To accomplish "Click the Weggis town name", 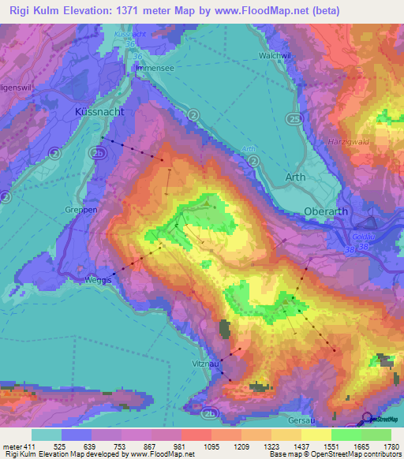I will pyautogui.click(x=99, y=279).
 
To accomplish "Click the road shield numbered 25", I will pyautogui.click(x=294, y=118).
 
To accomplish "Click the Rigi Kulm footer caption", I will pyautogui.click(x=19, y=455).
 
